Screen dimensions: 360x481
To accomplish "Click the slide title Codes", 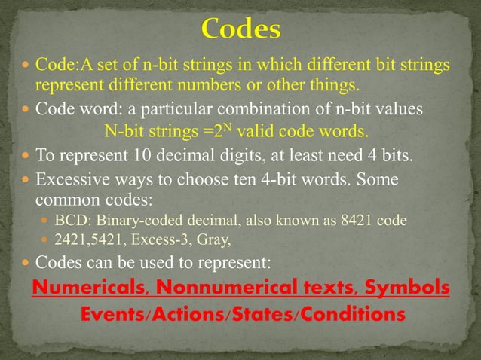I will coord(241,30).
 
